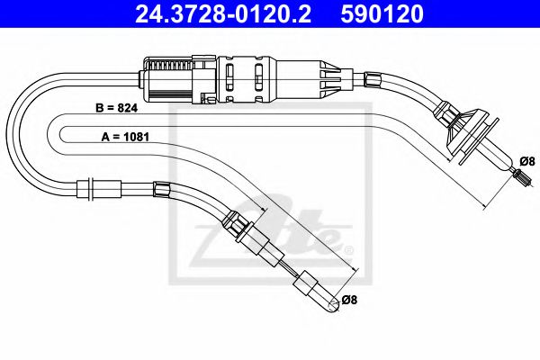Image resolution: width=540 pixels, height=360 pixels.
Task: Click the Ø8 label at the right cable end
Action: click(x=526, y=160)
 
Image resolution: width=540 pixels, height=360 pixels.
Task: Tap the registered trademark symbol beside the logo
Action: click(x=348, y=245)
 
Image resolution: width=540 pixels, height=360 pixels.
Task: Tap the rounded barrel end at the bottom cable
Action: click(x=309, y=290)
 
